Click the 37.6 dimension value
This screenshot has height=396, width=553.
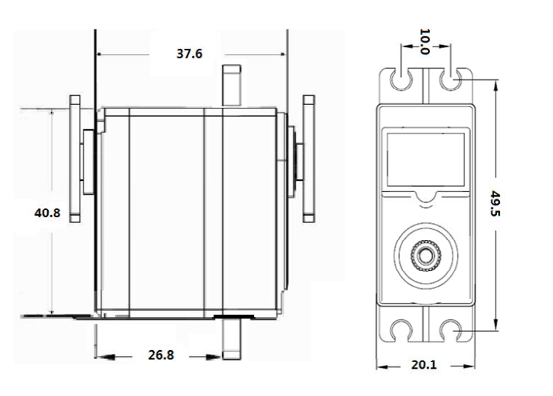(189, 53)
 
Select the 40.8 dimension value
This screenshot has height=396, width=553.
(47, 213)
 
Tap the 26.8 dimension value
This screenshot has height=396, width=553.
(160, 355)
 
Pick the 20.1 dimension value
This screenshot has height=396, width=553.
(425, 364)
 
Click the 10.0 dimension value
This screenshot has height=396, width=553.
(425, 42)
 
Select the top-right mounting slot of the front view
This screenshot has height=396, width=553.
(450, 79)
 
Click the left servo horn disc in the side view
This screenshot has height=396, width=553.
(75, 159)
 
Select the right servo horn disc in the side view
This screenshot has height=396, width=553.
(308, 159)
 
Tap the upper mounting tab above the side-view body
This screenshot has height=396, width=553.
(231, 85)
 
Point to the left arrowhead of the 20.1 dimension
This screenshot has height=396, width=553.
(381, 365)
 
